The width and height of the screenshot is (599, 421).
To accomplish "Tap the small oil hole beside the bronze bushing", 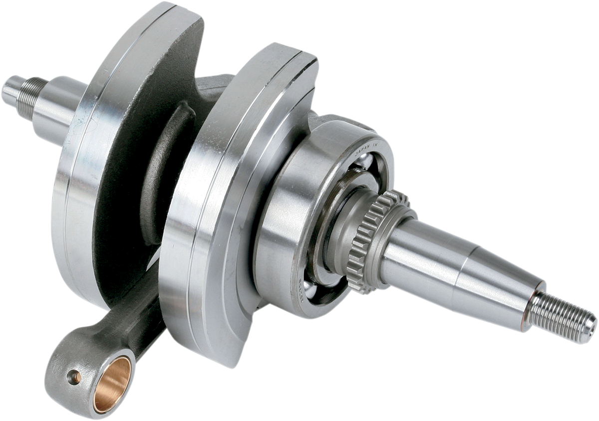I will [75, 376].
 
